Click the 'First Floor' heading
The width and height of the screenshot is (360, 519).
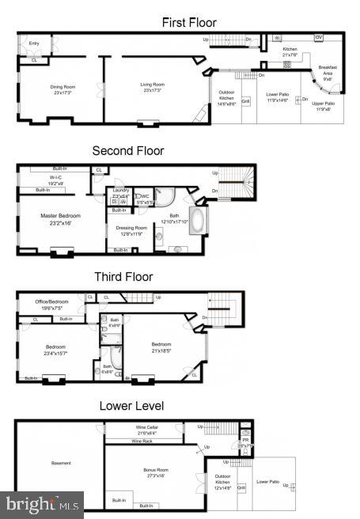[x=189, y=22]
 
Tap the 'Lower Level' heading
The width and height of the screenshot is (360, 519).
[x=131, y=406]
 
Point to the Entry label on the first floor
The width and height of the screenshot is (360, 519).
[x=34, y=43]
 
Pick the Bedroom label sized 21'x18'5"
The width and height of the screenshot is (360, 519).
[x=161, y=347]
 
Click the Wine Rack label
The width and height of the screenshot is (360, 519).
[x=142, y=441]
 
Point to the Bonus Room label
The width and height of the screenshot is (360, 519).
[x=155, y=472]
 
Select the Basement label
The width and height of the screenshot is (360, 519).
[x=61, y=463]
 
